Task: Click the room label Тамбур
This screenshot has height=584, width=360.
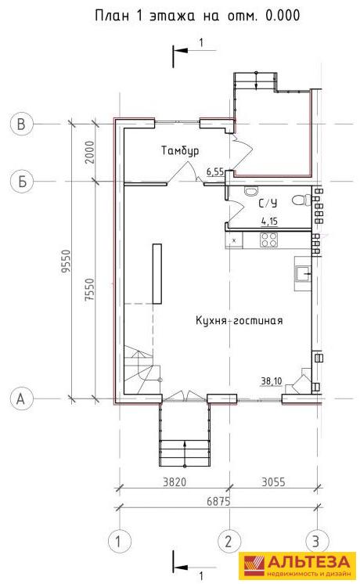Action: point(180,151)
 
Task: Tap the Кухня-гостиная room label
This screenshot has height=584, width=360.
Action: point(239,321)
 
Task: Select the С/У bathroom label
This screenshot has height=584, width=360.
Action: point(268,204)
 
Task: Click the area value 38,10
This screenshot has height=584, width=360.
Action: point(272,381)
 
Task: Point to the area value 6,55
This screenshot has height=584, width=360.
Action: point(215,171)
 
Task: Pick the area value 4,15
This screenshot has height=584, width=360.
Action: point(269,222)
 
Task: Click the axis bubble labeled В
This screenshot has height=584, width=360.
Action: point(21,124)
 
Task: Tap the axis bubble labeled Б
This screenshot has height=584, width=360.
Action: point(22,182)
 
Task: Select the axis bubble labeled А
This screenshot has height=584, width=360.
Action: point(21,398)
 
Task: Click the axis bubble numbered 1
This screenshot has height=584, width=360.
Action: point(119,541)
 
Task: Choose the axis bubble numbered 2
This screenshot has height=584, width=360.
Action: point(229,541)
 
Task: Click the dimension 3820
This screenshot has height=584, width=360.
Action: point(175,482)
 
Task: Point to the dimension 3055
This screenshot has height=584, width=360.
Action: point(273,482)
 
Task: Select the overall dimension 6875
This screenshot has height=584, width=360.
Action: point(219,501)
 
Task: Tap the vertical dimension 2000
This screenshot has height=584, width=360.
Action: point(89,153)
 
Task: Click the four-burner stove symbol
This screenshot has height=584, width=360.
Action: point(268,240)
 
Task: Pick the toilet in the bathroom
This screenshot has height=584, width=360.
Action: point(301,200)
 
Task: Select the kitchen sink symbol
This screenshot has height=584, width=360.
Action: point(303,274)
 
